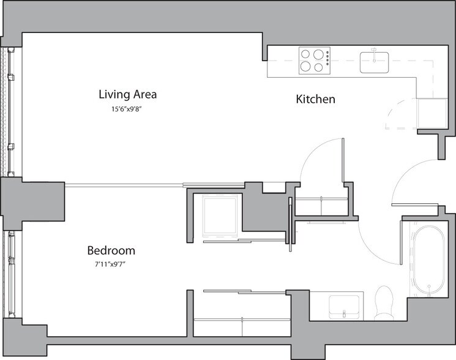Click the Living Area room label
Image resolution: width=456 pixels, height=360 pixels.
click(x=128, y=94)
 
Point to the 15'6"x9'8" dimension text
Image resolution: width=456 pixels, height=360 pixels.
click(x=128, y=109)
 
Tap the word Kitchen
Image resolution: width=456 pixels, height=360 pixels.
click(x=315, y=99)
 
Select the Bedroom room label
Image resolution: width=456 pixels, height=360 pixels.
click(x=111, y=250)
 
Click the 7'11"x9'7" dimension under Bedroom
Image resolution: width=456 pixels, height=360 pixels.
click(x=111, y=264)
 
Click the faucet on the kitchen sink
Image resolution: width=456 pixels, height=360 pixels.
click(x=375, y=53)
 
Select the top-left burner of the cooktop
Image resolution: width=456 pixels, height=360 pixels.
click(x=306, y=55)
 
